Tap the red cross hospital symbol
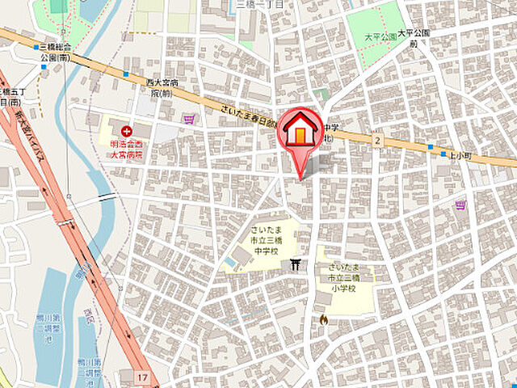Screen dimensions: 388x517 125,131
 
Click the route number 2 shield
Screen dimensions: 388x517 376,141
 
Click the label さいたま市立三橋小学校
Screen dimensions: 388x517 346,277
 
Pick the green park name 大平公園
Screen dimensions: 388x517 377,36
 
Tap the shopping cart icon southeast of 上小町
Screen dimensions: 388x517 460,205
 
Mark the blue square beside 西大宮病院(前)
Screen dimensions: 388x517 126,74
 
